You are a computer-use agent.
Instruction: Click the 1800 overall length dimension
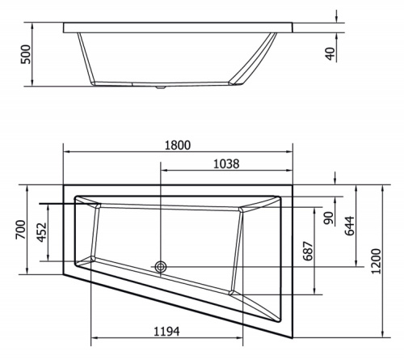(x=178, y=145)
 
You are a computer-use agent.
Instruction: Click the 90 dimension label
(x=329, y=218)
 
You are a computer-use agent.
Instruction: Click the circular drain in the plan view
(x=161, y=265)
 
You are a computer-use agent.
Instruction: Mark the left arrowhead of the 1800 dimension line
(x=66, y=151)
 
